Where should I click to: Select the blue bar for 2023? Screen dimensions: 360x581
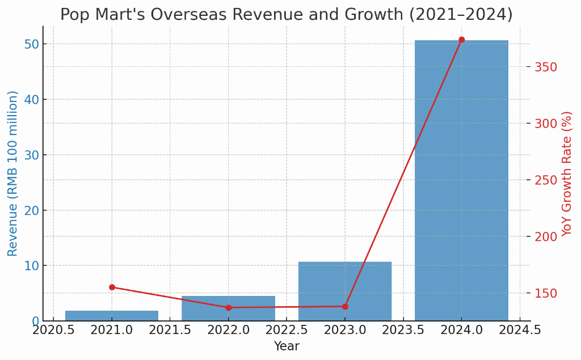(x=345, y=291)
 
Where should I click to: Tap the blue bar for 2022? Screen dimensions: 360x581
(x=228, y=308)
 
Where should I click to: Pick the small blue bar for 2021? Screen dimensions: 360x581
(x=112, y=316)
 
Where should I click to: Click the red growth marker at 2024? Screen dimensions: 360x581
(x=461, y=40)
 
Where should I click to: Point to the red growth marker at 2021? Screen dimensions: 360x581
(x=112, y=287)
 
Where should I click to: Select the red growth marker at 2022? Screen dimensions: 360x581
(x=228, y=308)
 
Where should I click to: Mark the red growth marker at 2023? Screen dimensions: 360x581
(x=345, y=307)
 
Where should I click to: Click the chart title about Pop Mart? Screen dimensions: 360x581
(x=287, y=15)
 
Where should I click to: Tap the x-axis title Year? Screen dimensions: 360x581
(x=287, y=346)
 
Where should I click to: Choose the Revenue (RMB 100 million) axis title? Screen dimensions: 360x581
(x=13, y=173)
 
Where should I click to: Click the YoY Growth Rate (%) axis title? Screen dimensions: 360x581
(x=567, y=173)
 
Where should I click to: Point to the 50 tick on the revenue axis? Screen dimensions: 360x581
(x=31, y=44)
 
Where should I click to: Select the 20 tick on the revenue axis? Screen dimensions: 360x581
(x=31, y=210)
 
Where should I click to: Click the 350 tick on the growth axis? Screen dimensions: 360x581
(x=546, y=67)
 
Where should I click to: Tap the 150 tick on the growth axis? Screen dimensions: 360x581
(x=546, y=293)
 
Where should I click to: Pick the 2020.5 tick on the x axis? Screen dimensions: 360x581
(x=53, y=330)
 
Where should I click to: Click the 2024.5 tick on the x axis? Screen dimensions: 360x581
(x=520, y=330)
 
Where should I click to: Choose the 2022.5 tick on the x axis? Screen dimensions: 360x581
(x=287, y=330)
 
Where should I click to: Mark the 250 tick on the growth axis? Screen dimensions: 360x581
(x=546, y=180)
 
